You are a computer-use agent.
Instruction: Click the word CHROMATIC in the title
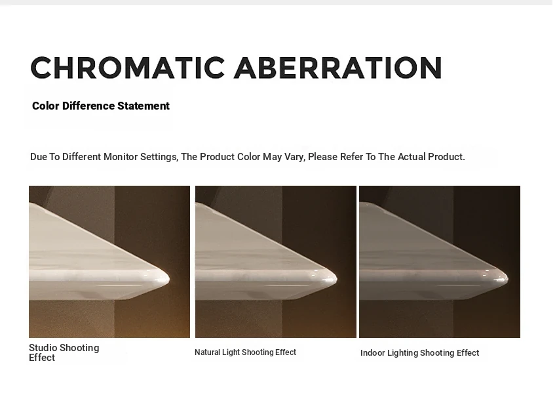(x=128, y=67)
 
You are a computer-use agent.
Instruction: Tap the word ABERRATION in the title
(x=338, y=67)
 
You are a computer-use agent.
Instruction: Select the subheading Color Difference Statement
(x=101, y=106)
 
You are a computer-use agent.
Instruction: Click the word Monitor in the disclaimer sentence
(x=121, y=157)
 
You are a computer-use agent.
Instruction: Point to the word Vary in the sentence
(x=294, y=158)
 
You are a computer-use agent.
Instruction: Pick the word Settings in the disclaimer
(x=159, y=158)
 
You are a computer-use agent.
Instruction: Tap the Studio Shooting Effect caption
(x=64, y=352)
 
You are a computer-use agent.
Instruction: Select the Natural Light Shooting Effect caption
(x=246, y=352)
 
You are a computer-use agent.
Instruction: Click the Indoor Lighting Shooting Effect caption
(x=420, y=353)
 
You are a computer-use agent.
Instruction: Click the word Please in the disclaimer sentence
(x=322, y=157)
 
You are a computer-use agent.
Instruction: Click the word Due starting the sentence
(x=39, y=157)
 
